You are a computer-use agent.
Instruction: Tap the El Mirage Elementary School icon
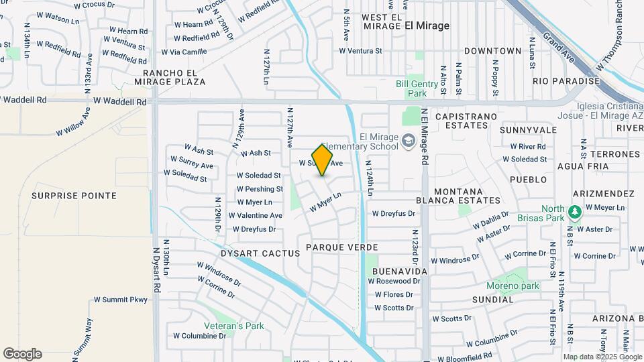(409, 142)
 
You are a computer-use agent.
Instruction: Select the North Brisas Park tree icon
(574, 213)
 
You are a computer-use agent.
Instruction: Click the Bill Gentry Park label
(411, 88)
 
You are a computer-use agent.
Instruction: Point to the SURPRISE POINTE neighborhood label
(74, 196)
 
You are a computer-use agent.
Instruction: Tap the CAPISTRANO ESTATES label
(466, 121)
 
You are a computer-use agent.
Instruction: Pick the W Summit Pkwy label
(120, 300)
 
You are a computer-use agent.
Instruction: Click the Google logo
(22, 353)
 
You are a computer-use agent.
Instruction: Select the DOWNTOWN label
(492, 51)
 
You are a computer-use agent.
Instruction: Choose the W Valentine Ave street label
(256, 216)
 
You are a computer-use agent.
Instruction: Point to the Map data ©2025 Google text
(602, 357)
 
